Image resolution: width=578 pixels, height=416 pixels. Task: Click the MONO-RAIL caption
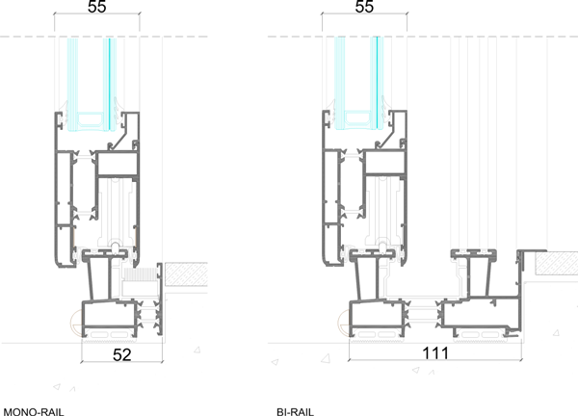[34, 412]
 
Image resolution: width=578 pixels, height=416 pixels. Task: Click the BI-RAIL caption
[296, 412]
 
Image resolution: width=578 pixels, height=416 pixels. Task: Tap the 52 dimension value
[122, 354]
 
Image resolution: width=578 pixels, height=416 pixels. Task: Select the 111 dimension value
[435, 353]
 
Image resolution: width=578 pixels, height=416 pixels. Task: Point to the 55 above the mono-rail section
[97, 7]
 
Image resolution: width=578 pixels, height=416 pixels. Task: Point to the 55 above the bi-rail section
[364, 7]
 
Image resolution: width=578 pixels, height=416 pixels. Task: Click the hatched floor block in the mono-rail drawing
[186, 274]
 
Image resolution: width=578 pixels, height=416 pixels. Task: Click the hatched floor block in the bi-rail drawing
[557, 263]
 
